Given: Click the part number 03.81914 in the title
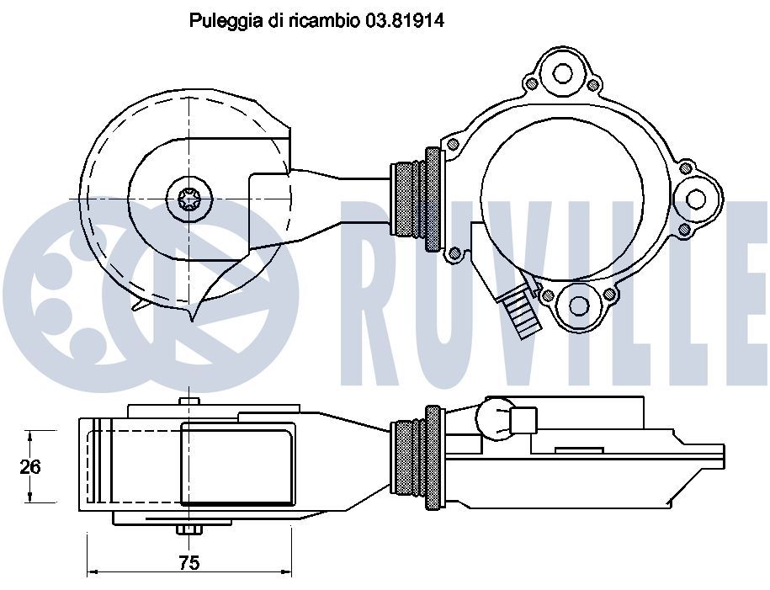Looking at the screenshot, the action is [x=404, y=21].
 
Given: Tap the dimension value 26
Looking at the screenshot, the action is [x=30, y=466].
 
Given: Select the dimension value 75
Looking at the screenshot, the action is [x=189, y=562].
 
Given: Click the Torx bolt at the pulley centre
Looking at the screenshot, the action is [x=189, y=199].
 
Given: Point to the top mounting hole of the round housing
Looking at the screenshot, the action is [x=562, y=74].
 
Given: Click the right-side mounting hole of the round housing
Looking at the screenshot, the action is [x=696, y=199].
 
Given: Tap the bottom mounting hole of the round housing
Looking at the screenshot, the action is [x=580, y=306].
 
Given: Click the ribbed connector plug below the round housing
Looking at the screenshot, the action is [x=522, y=312].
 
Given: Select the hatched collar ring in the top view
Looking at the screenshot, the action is [x=433, y=199].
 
